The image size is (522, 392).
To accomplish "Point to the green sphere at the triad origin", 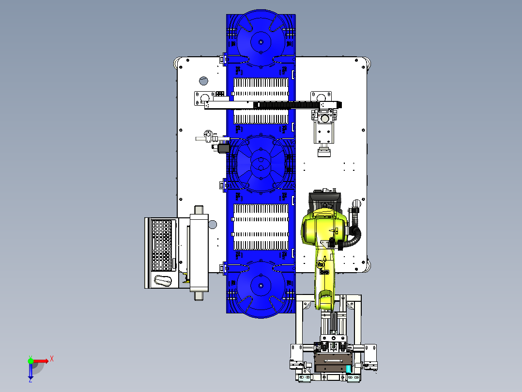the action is click(x=31, y=361).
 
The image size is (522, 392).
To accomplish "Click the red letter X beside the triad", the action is click(x=52, y=359).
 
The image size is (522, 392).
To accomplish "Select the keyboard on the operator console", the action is click(x=162, y=245).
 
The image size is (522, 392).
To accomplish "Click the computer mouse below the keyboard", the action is click(x=163, y=280).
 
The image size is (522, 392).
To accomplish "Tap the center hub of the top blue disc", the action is click(x=261, y=42).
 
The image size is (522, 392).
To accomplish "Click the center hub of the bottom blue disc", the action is click(x=261, y=286).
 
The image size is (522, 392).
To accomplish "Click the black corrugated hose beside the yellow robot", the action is click(x=355, y=230).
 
